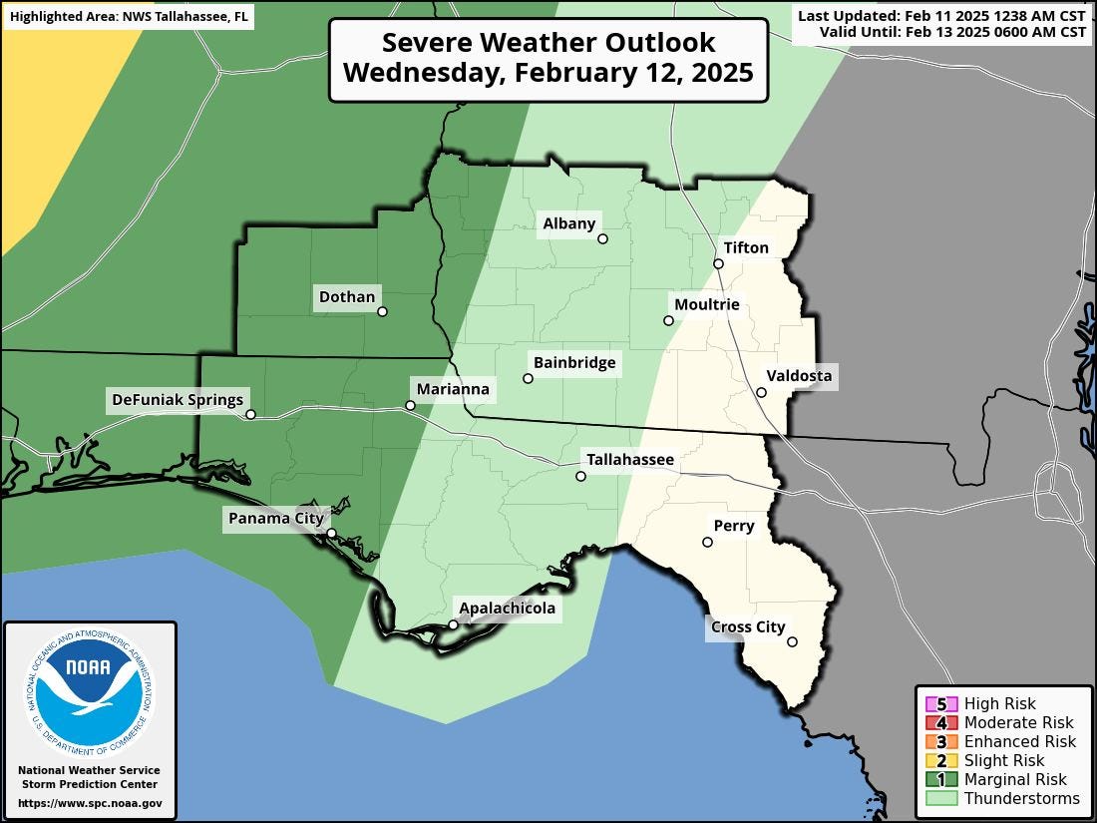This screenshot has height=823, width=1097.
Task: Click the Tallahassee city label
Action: point(629,460)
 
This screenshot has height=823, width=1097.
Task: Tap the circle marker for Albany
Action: point(602,238)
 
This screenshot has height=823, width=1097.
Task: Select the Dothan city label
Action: point(347,296)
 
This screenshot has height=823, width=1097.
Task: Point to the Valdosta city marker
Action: point(761,392)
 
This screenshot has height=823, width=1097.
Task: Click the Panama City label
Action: point(275,518)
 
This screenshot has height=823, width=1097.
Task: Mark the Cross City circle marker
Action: point(792,641)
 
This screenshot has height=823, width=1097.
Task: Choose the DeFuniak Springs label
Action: point(178,400)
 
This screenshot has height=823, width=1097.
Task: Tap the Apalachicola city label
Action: point(507,608)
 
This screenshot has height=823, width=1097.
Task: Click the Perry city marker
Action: point(707,542)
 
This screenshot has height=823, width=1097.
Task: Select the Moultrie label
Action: point(707,304)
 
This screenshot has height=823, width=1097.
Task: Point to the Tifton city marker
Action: point(718,263)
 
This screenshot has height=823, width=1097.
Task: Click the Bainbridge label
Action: point(574,362)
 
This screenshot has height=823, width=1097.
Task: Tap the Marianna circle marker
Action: point(410,405)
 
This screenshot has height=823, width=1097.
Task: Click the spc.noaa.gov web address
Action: point(90,803)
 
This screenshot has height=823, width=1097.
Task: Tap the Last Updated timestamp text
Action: point(940,16)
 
